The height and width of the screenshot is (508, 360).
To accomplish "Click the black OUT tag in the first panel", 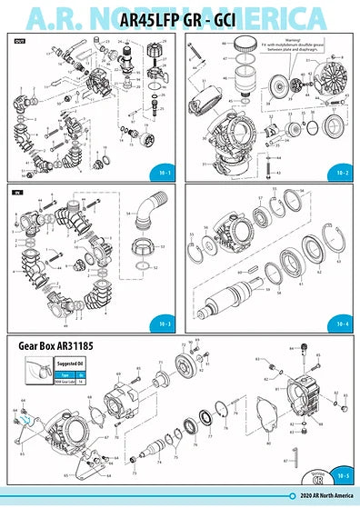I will click(19, 42).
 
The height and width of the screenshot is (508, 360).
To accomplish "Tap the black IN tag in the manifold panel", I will click(17, 193).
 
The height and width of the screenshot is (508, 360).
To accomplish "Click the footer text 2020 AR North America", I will click(322, 496).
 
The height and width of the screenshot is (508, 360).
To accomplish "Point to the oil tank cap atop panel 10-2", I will click(243, 45).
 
